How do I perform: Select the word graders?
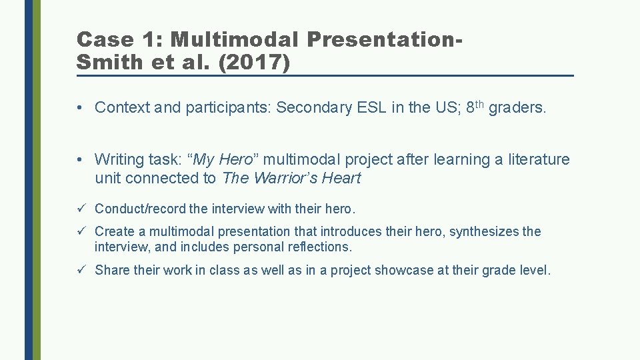point(517,107)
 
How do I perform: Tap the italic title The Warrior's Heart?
point(291,178)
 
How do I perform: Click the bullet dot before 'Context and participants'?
point(79,108)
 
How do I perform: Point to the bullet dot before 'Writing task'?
point(79,160)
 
